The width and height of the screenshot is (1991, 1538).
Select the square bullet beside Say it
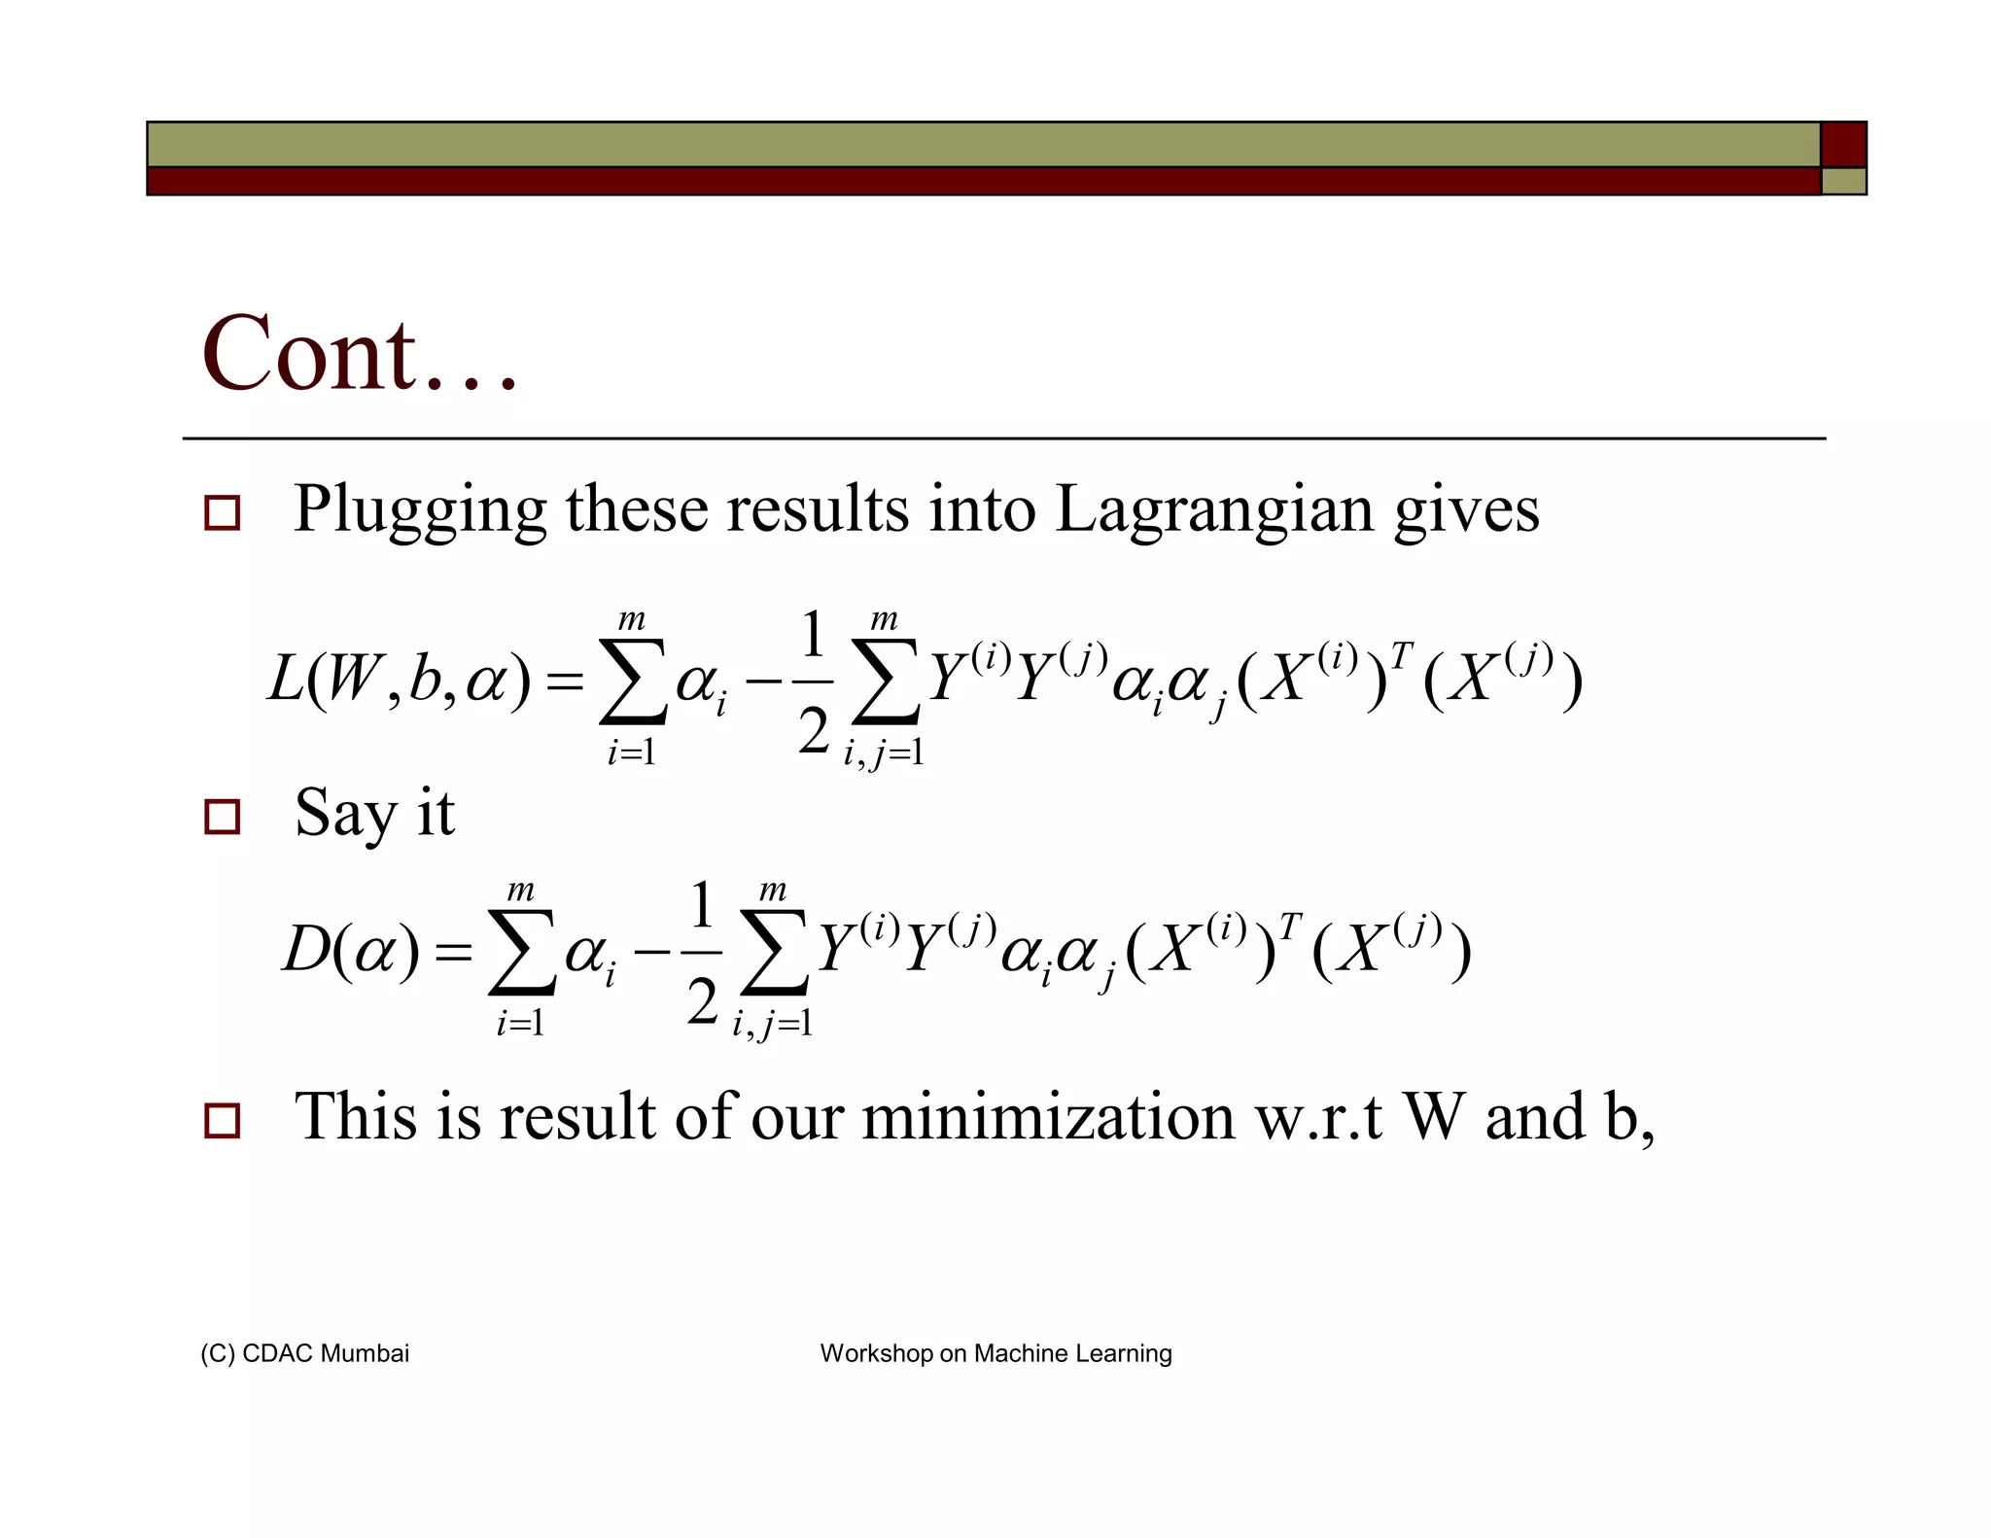(x=222, y=817)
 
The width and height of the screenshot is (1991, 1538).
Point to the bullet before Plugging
(x=222, y=512)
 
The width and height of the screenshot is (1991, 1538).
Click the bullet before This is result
(x=222, y=1121)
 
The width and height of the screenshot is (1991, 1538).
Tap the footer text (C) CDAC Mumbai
(x=304, y=1353)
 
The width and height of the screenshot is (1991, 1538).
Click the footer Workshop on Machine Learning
(x=995, y=1353)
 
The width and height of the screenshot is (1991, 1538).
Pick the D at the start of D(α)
(x=305, y=949)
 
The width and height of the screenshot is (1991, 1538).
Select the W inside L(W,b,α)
(x=352, y=679)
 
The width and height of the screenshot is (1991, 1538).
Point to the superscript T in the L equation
(x=1400, y=655)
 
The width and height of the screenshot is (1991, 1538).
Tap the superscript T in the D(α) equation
(x=1289, y=926)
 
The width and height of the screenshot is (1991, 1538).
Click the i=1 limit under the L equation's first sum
(x=632, y=752)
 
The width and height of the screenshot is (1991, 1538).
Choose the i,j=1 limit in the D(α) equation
(x=773, y=1024)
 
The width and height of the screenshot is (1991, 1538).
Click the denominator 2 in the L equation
(x=813, y=731)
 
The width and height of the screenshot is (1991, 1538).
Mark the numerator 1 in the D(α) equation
(x=702, y=904)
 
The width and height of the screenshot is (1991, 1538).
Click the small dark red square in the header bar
(x=1843, y=145)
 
